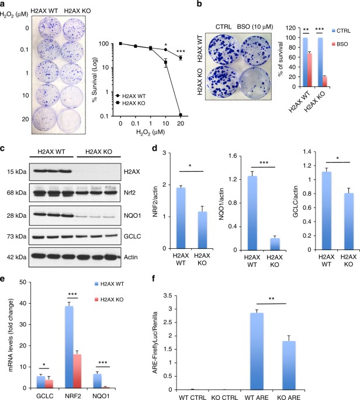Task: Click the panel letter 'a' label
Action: [4, 5]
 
